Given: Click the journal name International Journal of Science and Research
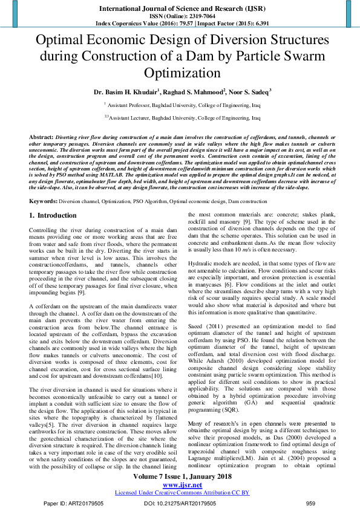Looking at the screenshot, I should coord(179,9).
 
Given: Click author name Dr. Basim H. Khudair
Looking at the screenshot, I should coord(125,92).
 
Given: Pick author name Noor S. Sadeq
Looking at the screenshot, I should coord(249,92).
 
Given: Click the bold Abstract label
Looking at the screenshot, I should coord(41,137).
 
